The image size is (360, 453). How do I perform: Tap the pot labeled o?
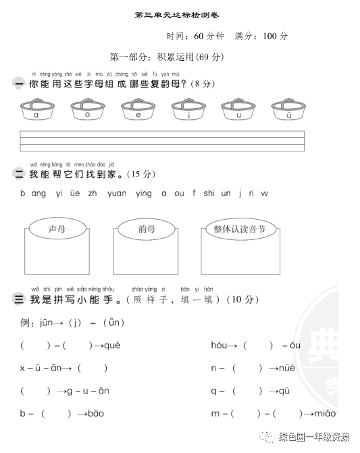(x=86, y=110)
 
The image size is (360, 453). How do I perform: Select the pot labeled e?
(x=137, y=110)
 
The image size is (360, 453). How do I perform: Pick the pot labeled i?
(x=188, y=110)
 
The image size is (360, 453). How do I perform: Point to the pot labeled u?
(x=238, y=110)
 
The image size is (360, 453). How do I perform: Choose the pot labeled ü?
(x=288, y=110)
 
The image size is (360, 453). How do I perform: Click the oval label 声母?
(x=57, y=229)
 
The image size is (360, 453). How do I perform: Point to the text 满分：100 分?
(x=261, y=36)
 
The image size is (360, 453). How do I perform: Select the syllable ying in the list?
(x=144, y=193)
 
